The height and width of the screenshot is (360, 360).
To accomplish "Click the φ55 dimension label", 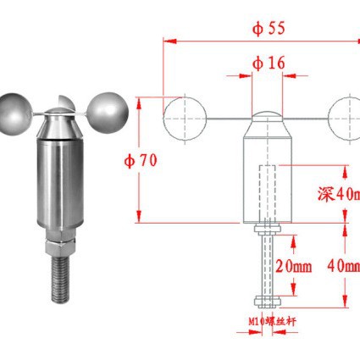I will click(x=269, y=26).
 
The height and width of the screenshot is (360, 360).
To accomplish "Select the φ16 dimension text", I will click(x=269, y=63).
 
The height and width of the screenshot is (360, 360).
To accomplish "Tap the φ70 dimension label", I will click(x=140, y=158).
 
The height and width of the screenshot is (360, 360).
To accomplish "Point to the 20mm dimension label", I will click(x=293, y=266).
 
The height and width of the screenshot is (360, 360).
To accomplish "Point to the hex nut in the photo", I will click(x=60, y=249).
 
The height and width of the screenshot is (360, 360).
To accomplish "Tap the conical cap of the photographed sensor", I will click(x=61, y=125).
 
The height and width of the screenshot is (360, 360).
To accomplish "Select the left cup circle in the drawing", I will click(x=184, y=117).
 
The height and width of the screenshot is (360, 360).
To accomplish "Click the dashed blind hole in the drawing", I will click(x=269, y=191).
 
